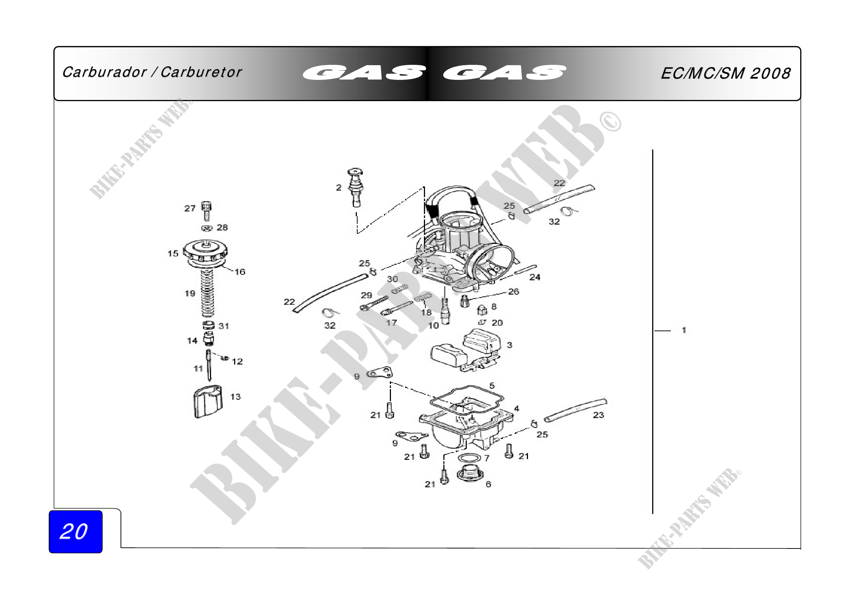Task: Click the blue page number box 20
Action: coord(75,531)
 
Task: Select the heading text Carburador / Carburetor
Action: coord(152,72)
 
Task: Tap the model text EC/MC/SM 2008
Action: coord(725,73)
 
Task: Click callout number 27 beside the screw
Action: coord(190,208)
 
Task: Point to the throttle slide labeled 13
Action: coord(208,402)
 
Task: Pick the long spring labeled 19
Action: coord(207,294)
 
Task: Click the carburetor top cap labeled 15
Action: coord(205,253)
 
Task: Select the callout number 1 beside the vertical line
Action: coord(684,330)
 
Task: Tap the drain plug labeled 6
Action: coord(470,474)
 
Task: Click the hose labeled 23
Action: coord(575,410)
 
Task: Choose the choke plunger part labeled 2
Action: coord(356,187)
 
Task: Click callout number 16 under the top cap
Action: coord(240,271)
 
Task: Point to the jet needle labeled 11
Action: coord(208,365)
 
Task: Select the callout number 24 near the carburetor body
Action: coord(535,277)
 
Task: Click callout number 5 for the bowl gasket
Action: coord(492,385)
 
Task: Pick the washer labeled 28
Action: coord(207,228)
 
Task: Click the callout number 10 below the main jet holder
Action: coord(433,326)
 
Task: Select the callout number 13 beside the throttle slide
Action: coord(236,397)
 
